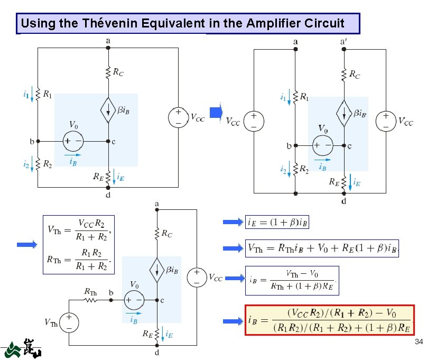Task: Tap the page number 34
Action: [419, 342]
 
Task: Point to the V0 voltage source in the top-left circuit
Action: [72, 141]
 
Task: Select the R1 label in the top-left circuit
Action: [48, 95]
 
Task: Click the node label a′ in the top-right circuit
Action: [344, 41]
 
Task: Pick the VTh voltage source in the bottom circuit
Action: [68, 321]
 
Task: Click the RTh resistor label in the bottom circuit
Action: [90, 291]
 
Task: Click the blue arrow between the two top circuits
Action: [216, 112]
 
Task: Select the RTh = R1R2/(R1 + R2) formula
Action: [79, 260]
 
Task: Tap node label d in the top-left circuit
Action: [108, 195]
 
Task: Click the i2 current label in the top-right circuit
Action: [283, 170]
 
